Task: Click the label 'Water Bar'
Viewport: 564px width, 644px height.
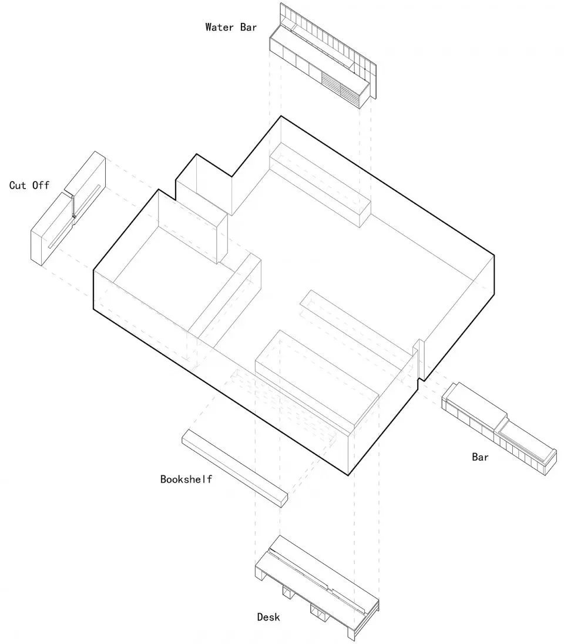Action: click(x=231, y=27)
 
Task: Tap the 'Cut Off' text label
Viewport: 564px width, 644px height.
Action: click(x=29, y=186)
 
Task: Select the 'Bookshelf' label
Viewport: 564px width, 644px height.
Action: click(x=186, y=479)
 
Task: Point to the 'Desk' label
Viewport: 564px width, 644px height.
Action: click(x=268, y=617)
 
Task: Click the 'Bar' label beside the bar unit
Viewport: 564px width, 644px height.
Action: click(x=480, y=457)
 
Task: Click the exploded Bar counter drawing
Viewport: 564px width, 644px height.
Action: click(x=499, y=426)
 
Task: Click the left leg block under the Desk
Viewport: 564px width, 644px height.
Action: click(x=287, y=593)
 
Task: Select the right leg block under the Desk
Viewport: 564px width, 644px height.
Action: click(x=321, y=614)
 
